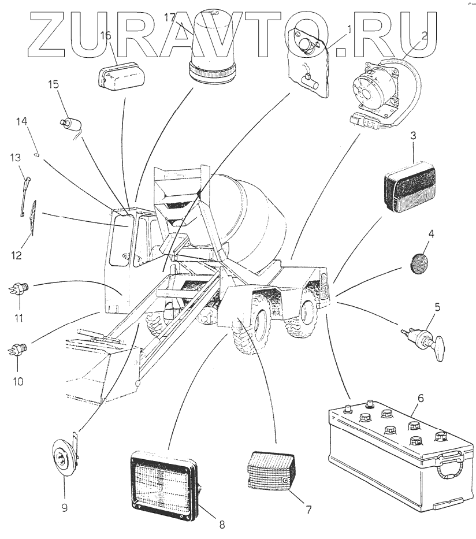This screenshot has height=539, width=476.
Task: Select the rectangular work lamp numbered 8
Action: [x=164, y=484]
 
